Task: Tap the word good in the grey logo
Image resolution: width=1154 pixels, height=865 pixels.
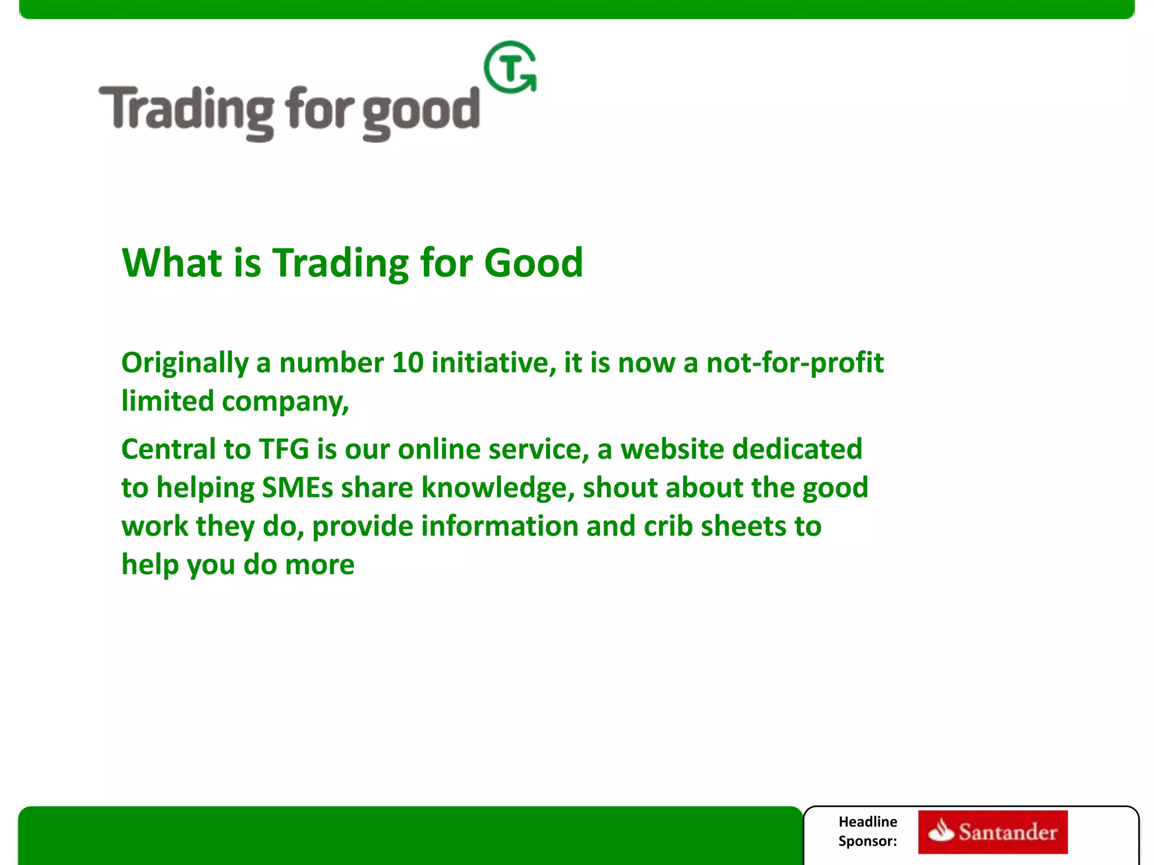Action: tap(420, 112)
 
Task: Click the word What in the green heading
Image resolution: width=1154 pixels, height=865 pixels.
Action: tap(172, 263)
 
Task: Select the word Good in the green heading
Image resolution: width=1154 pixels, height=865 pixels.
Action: tap(533, 263)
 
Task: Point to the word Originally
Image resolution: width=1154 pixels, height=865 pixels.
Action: tap(185, 363)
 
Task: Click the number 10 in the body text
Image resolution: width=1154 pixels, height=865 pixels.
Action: tap(407, 363)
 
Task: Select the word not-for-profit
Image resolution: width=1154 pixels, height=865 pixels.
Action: tap(795, 363)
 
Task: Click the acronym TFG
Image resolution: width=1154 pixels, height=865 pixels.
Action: tap(283, 449)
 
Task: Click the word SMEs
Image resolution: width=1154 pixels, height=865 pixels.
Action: tap(298, 488)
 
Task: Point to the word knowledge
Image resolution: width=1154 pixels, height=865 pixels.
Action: tap(498, 488)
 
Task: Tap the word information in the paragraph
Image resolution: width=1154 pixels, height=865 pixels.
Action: tap(499, 526)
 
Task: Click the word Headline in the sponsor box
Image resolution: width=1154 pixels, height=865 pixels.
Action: tap(867, 822)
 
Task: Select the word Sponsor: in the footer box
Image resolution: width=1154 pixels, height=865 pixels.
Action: tap(867, 841)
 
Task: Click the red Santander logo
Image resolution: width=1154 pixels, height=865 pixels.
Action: tap(992, 832)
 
